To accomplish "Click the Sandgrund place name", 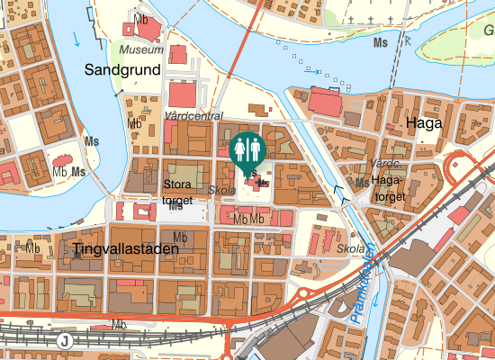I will click(x=122, y=68).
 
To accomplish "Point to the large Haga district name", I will click(x=424, y=123).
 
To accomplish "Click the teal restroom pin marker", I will click(x=247, y=150).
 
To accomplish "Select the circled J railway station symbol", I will click(x=64, y=340).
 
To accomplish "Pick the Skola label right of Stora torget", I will click(x=221, y=191).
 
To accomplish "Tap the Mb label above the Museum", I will click(x=140, y=18).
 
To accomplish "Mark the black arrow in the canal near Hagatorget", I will click(x=339, y=190).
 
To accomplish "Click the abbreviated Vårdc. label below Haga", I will click(x=384, y=163).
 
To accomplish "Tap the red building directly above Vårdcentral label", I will click(x=182, y=94).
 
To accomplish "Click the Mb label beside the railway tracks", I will click(x=118, y=323).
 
